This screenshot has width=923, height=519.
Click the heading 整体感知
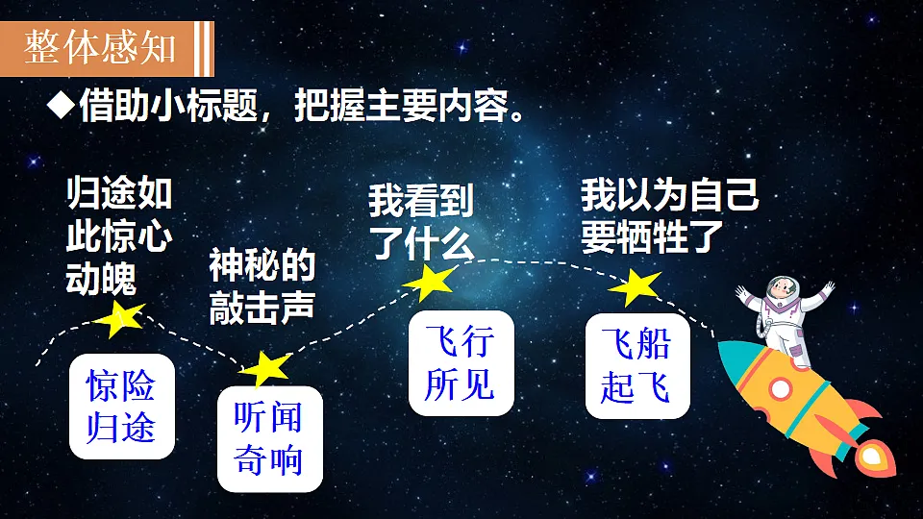(100, 47)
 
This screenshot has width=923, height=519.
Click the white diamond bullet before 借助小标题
(61, 106)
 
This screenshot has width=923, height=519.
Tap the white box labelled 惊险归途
(121, 406)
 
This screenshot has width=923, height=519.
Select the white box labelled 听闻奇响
(269, 438)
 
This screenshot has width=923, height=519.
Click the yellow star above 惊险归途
(122, 318)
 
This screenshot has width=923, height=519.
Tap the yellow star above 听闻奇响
(266, 367)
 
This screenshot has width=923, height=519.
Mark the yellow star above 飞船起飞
(636, 287)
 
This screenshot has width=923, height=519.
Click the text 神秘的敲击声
(262, 285)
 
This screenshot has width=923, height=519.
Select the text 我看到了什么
(421, 222)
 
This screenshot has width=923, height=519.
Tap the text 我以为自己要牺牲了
(669, 216)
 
